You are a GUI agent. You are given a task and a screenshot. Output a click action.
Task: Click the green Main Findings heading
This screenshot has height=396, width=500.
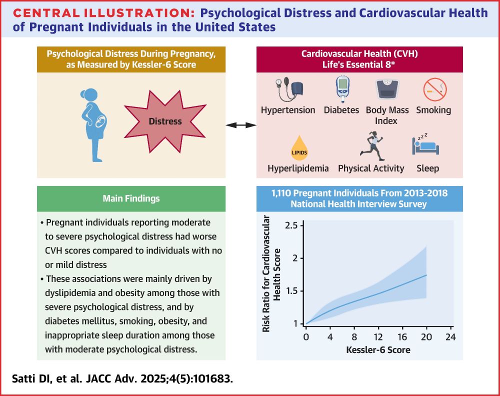coord(131,198)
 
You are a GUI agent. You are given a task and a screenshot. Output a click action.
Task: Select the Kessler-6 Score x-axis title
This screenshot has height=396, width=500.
coord(378,350)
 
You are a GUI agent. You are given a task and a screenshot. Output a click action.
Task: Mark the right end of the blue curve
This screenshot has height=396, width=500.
coord(426,275)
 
